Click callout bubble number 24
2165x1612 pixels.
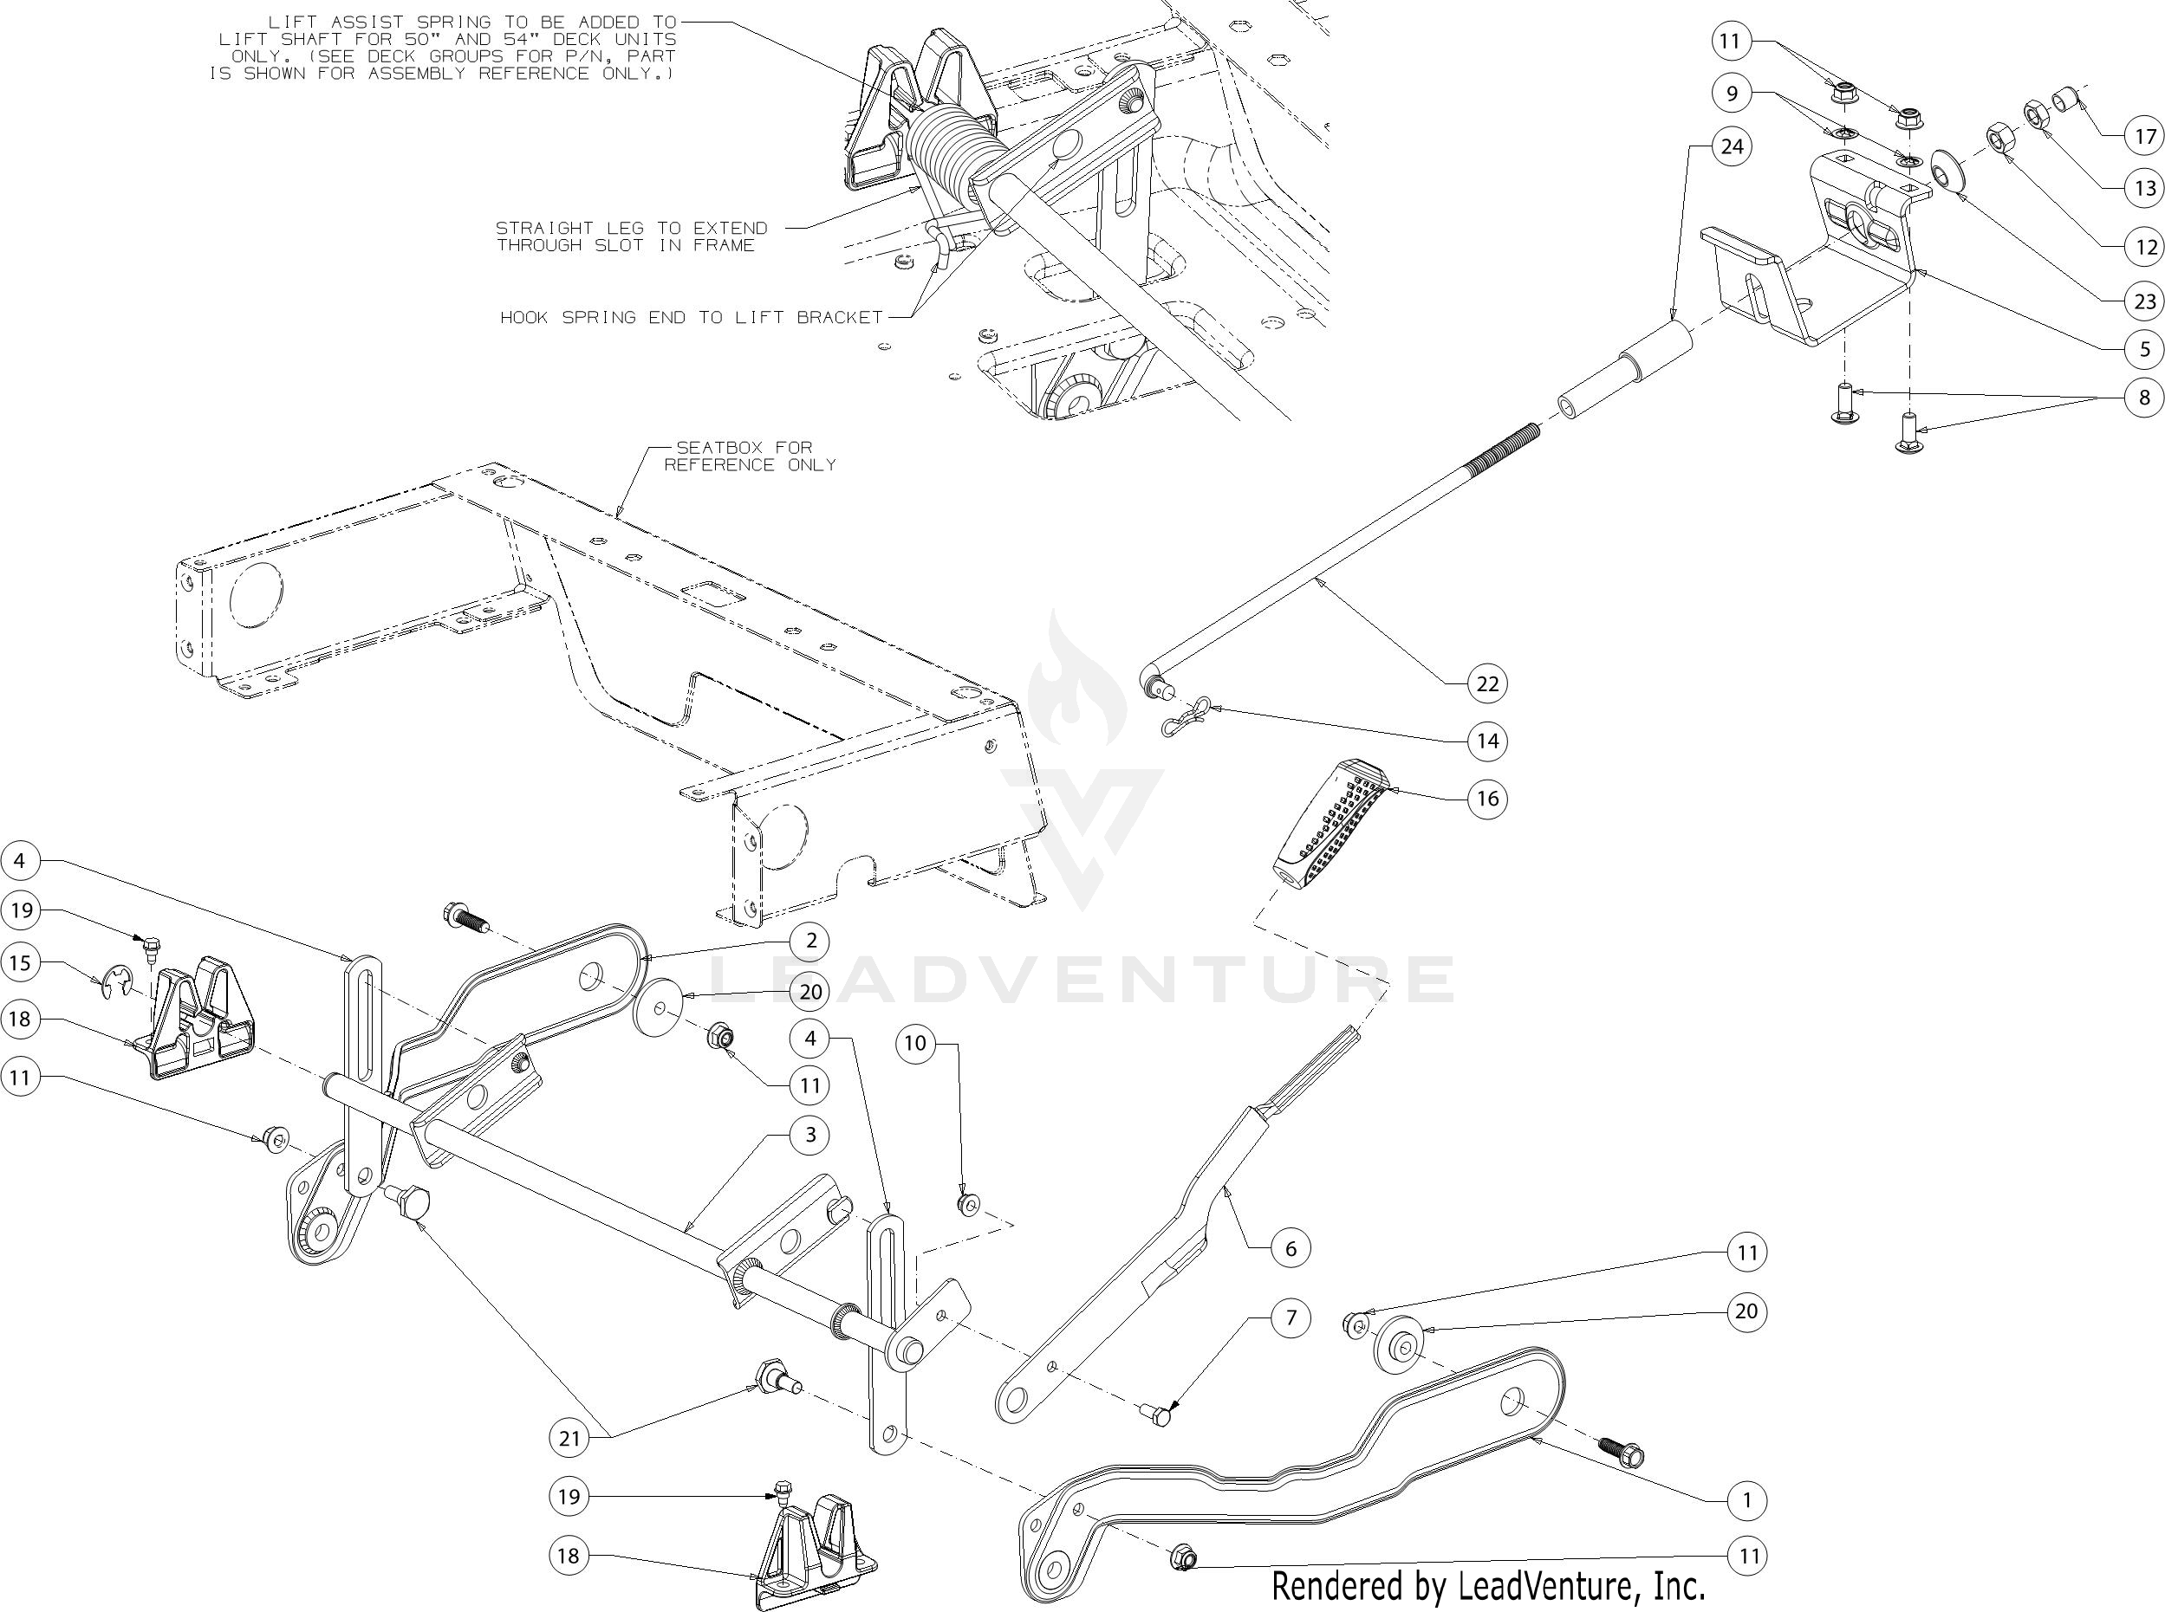1731,146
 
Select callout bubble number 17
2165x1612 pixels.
2143,136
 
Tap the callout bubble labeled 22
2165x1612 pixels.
1486,684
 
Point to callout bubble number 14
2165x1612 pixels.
1486,741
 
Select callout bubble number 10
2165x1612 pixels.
914,1043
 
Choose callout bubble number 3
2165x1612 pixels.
809,1135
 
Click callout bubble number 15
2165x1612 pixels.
21,963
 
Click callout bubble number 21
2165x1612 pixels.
569,1437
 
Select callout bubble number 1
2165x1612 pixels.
1746,1499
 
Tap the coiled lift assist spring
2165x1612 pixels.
946,146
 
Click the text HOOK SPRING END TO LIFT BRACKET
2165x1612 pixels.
691,318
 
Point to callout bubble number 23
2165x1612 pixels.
2143,302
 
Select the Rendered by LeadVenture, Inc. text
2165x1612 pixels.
1487,1587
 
